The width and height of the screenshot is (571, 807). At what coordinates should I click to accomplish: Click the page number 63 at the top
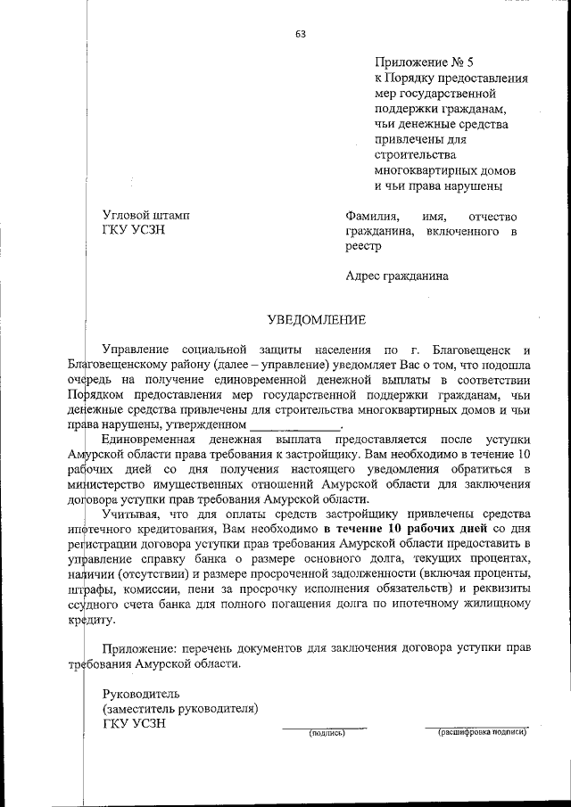point(300,35)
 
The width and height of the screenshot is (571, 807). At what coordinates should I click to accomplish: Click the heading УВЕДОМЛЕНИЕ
point(318,318)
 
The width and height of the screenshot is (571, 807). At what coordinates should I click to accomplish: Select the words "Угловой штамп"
point(146,216)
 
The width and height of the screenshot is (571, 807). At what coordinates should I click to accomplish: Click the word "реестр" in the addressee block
point(363,247)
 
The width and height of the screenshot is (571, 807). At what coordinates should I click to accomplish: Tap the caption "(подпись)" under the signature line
point(327,733)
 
